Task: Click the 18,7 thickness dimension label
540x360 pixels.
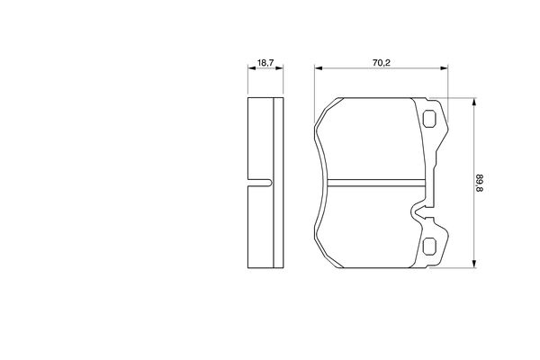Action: point(265,63)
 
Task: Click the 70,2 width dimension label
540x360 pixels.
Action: point(382,63)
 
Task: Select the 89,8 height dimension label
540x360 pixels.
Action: point(480,183)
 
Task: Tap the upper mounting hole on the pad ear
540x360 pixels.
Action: point(429,119)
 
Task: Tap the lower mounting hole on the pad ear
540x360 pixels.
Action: point(429,247)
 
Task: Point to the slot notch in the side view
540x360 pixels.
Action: point(260,183)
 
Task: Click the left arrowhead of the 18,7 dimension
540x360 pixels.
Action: point(252,68)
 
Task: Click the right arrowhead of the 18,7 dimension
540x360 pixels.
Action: point(279,68)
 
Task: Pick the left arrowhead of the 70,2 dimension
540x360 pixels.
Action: point(319,68)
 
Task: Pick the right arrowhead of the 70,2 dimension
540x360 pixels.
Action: point(445,68)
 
